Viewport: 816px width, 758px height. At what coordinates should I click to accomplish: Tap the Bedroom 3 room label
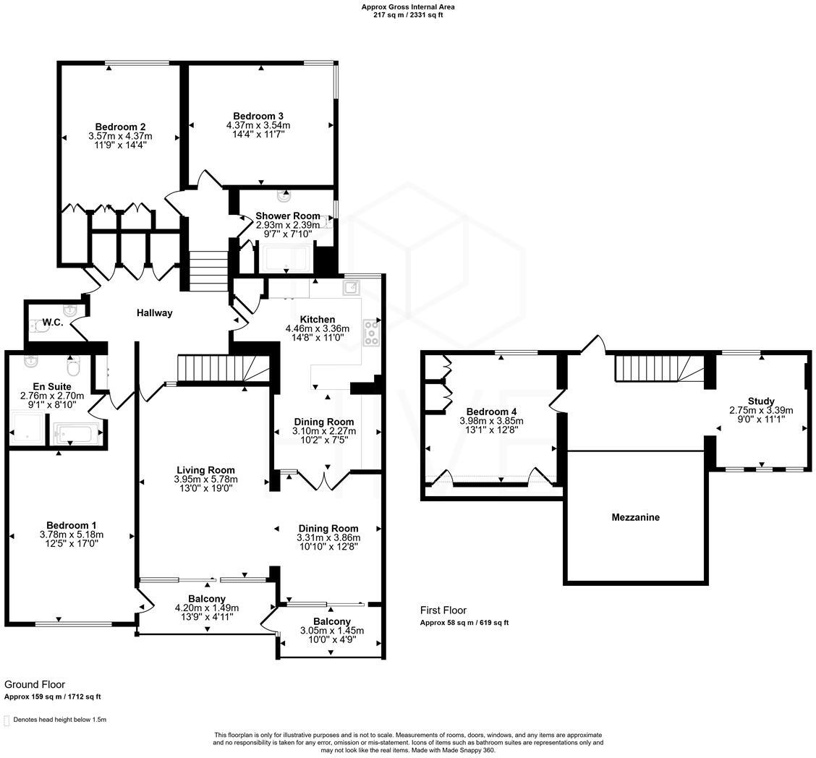point(258,116)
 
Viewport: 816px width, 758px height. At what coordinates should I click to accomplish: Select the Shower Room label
point(287,216)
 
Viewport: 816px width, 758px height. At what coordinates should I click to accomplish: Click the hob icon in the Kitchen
point(372,332)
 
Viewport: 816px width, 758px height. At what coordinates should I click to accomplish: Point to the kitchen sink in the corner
point(352,287)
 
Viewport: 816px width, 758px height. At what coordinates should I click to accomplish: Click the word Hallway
point(155,313)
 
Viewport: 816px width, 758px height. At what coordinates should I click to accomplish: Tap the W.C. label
point(53,323)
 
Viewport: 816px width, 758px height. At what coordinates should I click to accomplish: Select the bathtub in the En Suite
point(75,434)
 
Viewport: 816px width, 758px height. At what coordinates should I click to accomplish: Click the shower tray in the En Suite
point(26,428)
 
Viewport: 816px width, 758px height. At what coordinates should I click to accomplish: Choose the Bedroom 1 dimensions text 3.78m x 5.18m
point(72,535)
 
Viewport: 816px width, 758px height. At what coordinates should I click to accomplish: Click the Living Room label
point(205,470)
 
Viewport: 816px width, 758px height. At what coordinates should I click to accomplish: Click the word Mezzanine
point(635,517)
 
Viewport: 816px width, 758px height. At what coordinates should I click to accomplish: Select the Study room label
point(761,401)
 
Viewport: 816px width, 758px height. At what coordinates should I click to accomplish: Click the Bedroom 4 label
point(491,412)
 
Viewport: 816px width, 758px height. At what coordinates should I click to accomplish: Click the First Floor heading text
point(443,610)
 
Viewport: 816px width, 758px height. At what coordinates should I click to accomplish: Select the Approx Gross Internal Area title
point(408,7)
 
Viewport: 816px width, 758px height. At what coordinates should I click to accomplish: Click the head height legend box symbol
point(7,720)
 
